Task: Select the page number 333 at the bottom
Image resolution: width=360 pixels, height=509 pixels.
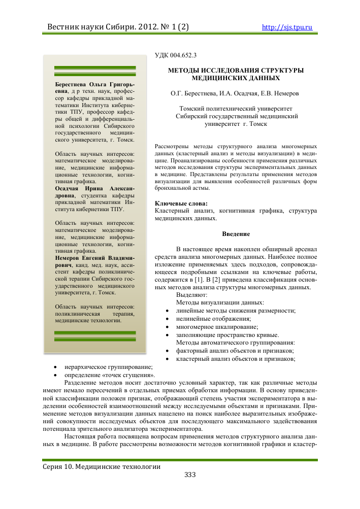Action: pyautogui.click(x=189, y=474)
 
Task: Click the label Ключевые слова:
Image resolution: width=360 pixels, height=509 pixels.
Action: pyautogui.click(x=174, y=203)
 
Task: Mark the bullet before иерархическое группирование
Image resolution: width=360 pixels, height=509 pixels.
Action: pyautogui.click(x=55, y=366)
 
